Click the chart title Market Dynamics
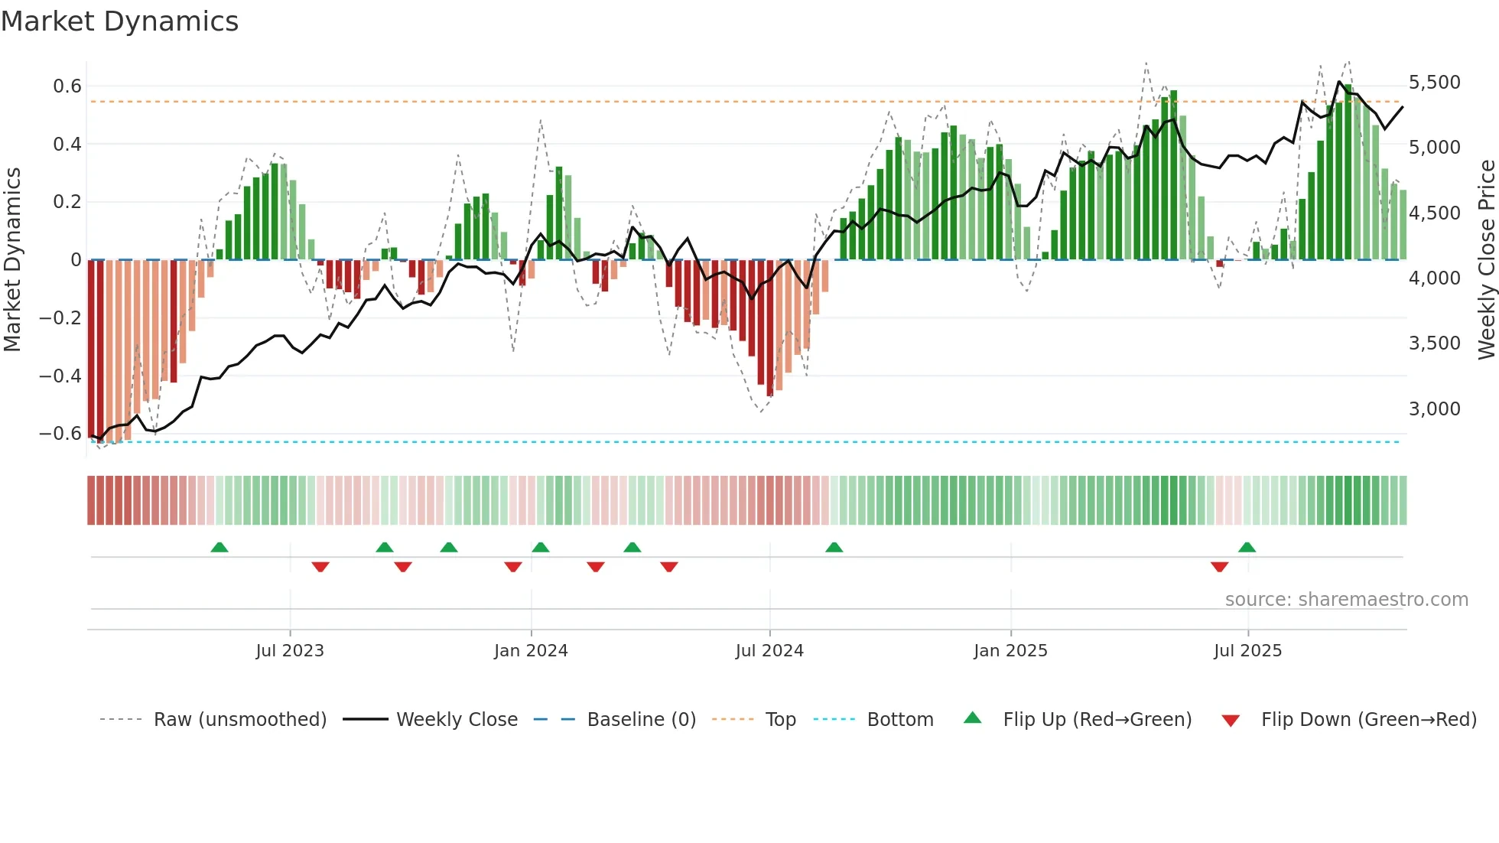click(x=119, y=21)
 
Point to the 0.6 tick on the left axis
click(x=67, y=86)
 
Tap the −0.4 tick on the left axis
click(x=60, y=376)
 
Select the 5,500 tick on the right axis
click(x=1434, y=83)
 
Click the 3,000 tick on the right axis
click(x=1434, y=409)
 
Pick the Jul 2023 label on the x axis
click(x=290, y=651)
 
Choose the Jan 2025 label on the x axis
click(x=1010, y=651)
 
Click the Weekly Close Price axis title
click(x=1486, y=259)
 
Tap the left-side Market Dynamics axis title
click(x=12, y=259)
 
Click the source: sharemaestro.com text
click(x=1346, y=600)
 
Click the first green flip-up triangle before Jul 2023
click(x=219, y=547)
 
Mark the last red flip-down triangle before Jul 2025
click(x=1219, y=567)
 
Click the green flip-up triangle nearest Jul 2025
click(x=1247, y=547)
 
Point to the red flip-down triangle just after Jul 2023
click(x=320, y=567)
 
